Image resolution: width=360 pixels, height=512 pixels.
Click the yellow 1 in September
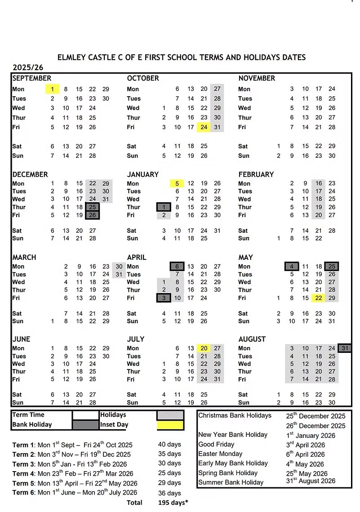point(53,89)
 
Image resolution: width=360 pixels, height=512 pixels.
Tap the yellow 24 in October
point(204,127)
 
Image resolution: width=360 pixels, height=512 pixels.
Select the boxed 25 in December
point(92,207)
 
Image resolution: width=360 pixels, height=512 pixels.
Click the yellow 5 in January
point(177,183)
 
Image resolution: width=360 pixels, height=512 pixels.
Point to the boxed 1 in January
point(164,207)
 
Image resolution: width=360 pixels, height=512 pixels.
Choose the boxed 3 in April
point(164,298)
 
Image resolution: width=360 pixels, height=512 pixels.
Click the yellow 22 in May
point(319,298)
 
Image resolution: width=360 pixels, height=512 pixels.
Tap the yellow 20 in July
point(204,348)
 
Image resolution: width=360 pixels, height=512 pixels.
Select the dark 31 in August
point(345,348)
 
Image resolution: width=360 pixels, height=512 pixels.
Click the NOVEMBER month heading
point(257,78)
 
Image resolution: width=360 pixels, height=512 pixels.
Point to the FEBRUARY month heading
point(256,174)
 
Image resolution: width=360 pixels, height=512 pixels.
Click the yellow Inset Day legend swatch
point(170,425)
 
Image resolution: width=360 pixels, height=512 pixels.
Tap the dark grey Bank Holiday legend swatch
point(85,425)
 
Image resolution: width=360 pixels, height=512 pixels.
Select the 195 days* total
point(173,503)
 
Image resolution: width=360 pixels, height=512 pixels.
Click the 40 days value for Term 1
point(169,445)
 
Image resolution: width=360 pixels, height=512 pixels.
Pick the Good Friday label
point(217,444)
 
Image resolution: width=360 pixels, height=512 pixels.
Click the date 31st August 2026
point(311,481)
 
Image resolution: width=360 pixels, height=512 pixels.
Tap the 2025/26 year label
point(27,67)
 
